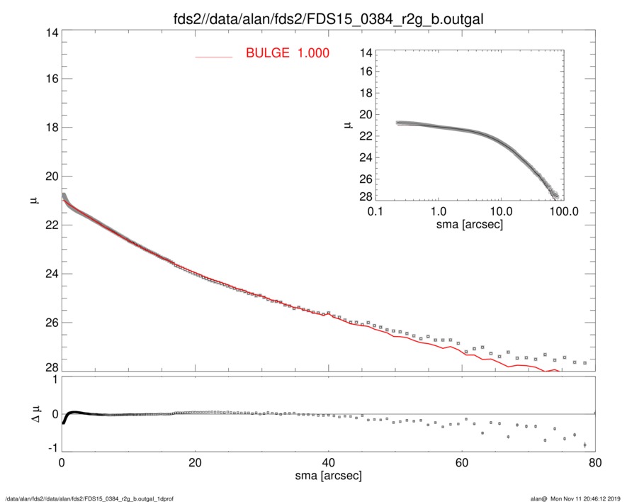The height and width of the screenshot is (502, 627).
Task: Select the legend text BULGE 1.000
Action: tap(287, 53)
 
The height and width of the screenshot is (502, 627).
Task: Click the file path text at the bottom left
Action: tap(90, 498)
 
